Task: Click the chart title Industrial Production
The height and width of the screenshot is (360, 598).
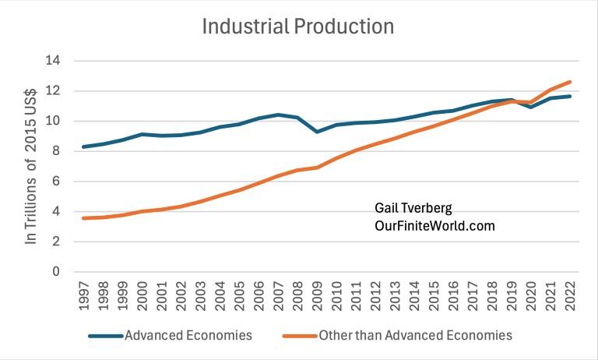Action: (x=297, y=26)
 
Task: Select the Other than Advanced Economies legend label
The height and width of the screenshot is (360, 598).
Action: (x=415, y=336)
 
